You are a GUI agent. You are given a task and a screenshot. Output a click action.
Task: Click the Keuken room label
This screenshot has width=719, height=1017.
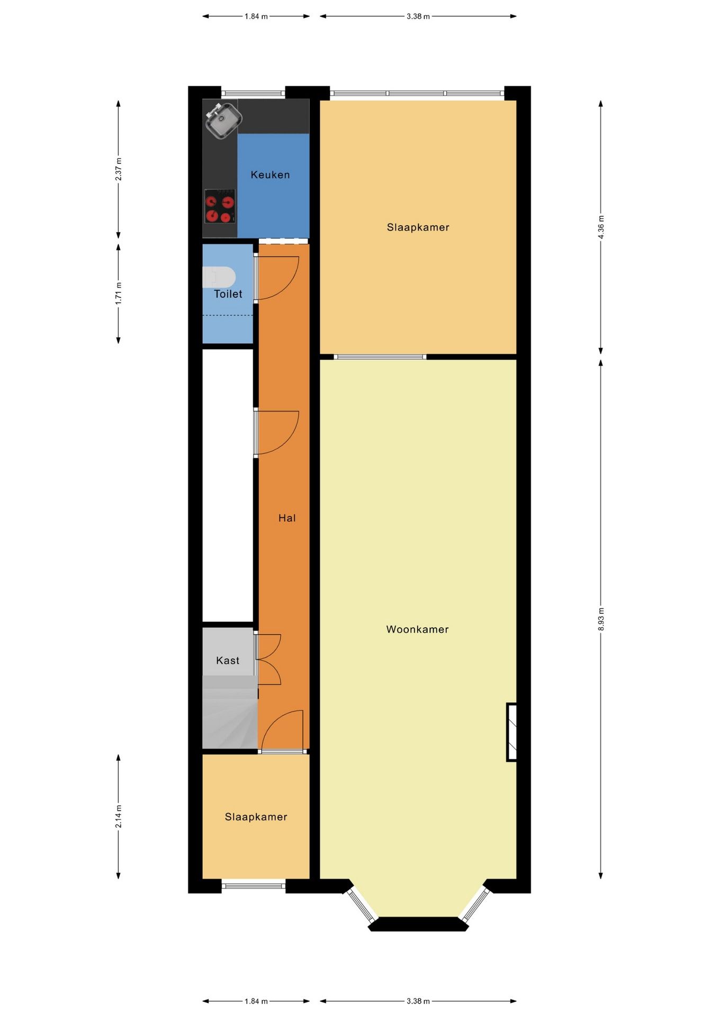pos(270,175)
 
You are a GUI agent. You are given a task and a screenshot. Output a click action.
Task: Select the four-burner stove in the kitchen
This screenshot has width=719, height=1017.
pos(220,206)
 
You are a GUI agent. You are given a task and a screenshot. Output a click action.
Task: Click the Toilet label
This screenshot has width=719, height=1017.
pos(228,294)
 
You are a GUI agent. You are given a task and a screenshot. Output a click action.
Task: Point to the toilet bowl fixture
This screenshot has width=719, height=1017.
pos(219,276)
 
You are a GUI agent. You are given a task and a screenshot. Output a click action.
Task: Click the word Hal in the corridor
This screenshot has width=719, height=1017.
pos(287,518)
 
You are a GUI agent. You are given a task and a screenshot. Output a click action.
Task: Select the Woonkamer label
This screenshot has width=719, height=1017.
pos(417,629)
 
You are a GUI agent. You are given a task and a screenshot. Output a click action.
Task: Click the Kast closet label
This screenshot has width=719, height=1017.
pos(228,661)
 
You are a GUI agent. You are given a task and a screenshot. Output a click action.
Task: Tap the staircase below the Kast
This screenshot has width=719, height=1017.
pos(230,712)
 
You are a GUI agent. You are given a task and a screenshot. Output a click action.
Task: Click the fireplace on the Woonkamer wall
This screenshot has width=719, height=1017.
pos(511,732)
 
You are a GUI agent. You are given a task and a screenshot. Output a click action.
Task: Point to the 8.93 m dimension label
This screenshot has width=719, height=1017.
pos(601,619)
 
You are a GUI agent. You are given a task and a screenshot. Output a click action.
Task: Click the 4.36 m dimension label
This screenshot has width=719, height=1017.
pos(601,227)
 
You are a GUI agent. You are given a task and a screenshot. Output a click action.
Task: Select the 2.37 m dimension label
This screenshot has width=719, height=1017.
pos(119,169)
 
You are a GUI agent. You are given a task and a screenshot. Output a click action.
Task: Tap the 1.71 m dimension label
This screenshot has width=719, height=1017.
pos(119,293)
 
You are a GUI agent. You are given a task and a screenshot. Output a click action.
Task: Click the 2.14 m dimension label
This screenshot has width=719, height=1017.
pos(119,816)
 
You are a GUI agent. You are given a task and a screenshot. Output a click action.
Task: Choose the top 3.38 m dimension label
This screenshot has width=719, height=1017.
pos(418,16)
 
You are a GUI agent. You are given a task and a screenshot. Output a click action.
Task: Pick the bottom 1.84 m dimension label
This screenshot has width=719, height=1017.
pos(256,1001)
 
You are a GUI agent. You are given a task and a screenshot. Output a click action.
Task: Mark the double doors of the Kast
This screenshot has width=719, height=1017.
pos(268,659)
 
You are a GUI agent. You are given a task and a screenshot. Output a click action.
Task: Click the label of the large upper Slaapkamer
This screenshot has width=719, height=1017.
pos(418,227)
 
